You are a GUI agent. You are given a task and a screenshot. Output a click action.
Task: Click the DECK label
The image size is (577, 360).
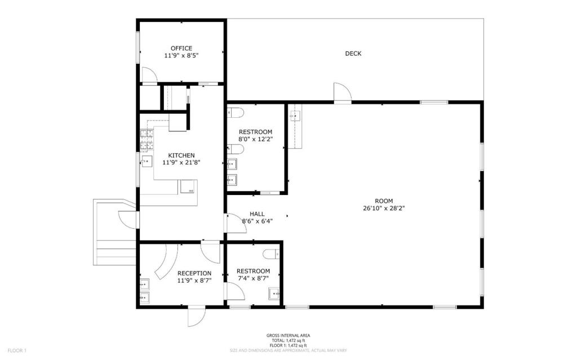(x=353, y=54)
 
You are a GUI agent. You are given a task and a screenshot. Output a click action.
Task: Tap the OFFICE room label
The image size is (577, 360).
(x=181, y=48)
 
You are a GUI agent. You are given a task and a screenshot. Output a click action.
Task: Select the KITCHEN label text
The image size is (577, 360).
(x=181, y=155)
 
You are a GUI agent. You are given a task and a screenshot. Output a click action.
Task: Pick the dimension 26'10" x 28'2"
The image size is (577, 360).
(x=384, y=208)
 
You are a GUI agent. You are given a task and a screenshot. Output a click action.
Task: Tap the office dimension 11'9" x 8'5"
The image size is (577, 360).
(x=181, y=56)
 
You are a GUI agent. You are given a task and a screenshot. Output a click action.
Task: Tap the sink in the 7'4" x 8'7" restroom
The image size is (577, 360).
(x=275, y=292)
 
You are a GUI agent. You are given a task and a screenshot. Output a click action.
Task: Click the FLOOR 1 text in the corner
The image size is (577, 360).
(x=17, y=350)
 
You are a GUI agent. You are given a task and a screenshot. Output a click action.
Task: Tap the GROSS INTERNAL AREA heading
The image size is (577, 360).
(x=288, y=336)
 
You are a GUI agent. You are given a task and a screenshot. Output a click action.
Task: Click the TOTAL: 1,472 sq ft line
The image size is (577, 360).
(x=288, y=340)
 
